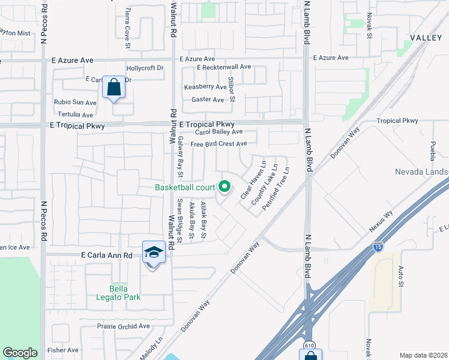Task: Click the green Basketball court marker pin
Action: coord(225,187)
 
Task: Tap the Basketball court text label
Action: coord(184,187)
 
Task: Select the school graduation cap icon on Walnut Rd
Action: coord(154,253)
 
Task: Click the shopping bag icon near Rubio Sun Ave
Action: coord(113,88)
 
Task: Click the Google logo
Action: coord(20,353)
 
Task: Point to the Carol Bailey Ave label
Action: coord(218,132)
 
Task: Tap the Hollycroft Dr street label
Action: coord(145,68)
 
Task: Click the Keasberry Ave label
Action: coord(205,87)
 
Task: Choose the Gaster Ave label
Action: coord(207,100)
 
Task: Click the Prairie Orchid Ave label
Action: coord(123,326)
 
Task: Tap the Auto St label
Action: coord(400,277)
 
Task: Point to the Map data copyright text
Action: coord(424,355)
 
